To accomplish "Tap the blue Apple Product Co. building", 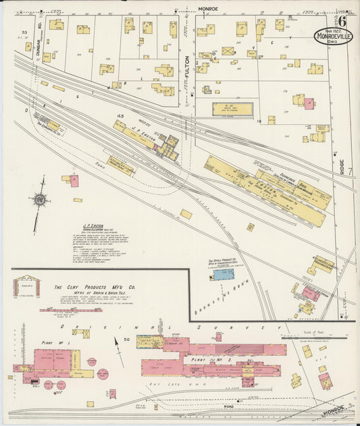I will pos(222,274).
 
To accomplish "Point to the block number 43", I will pos(121,117).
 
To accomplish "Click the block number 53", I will pos(24,32).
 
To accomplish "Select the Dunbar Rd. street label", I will pos(40,31).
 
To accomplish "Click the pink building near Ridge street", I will pos(308,103).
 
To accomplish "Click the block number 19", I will pos(260,120).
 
